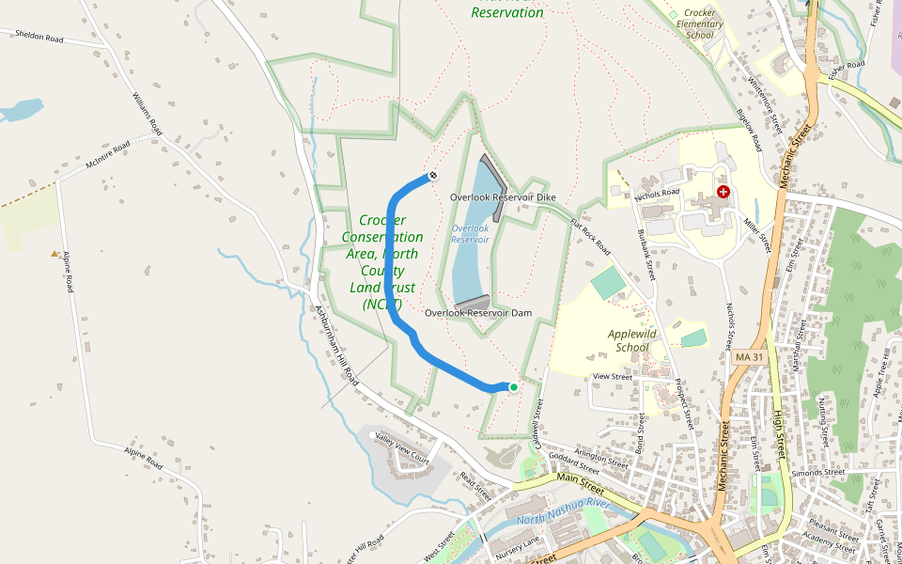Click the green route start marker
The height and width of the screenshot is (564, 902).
tap(513, 387)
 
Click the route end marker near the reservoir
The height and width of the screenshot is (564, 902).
tap(433, 175)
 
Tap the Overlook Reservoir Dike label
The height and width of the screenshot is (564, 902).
tap(503, 197)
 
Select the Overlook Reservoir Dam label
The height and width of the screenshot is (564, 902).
tap(478, 312)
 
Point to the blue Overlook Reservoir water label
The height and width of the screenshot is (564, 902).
tap(471, 233)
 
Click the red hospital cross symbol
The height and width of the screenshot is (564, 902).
tap(723, 192)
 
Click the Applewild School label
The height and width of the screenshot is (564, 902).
tap(632, 340)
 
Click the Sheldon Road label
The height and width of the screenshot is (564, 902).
tap(39, 36)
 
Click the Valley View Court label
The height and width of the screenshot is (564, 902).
tap(402, 449)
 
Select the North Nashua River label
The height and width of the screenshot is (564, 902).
tap(564, 511)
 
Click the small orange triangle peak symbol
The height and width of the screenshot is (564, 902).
tap(54, 254)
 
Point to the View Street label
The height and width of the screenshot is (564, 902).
tap(613, 376)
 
